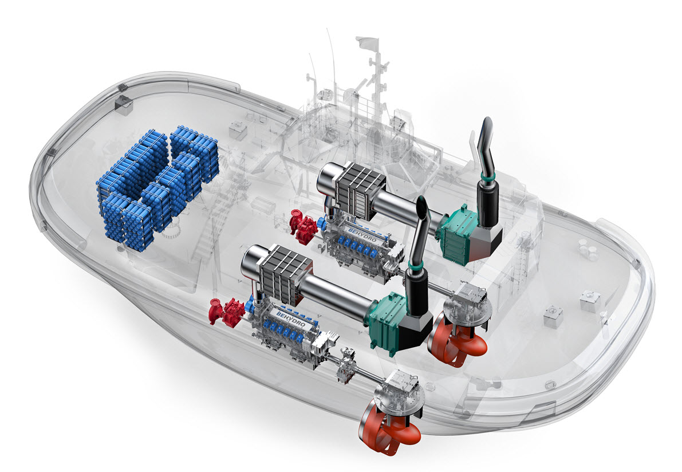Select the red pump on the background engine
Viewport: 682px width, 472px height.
click(303, 225)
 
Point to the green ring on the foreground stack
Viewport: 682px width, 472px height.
click(416, 265)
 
